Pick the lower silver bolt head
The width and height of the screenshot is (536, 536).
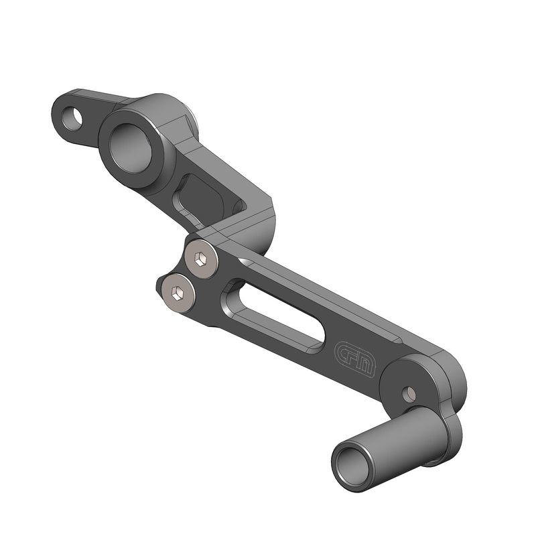pyautogui.click(x=176, y=292)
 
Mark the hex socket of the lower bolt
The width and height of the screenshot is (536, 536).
pyautogui.click(x=176, y=292)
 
